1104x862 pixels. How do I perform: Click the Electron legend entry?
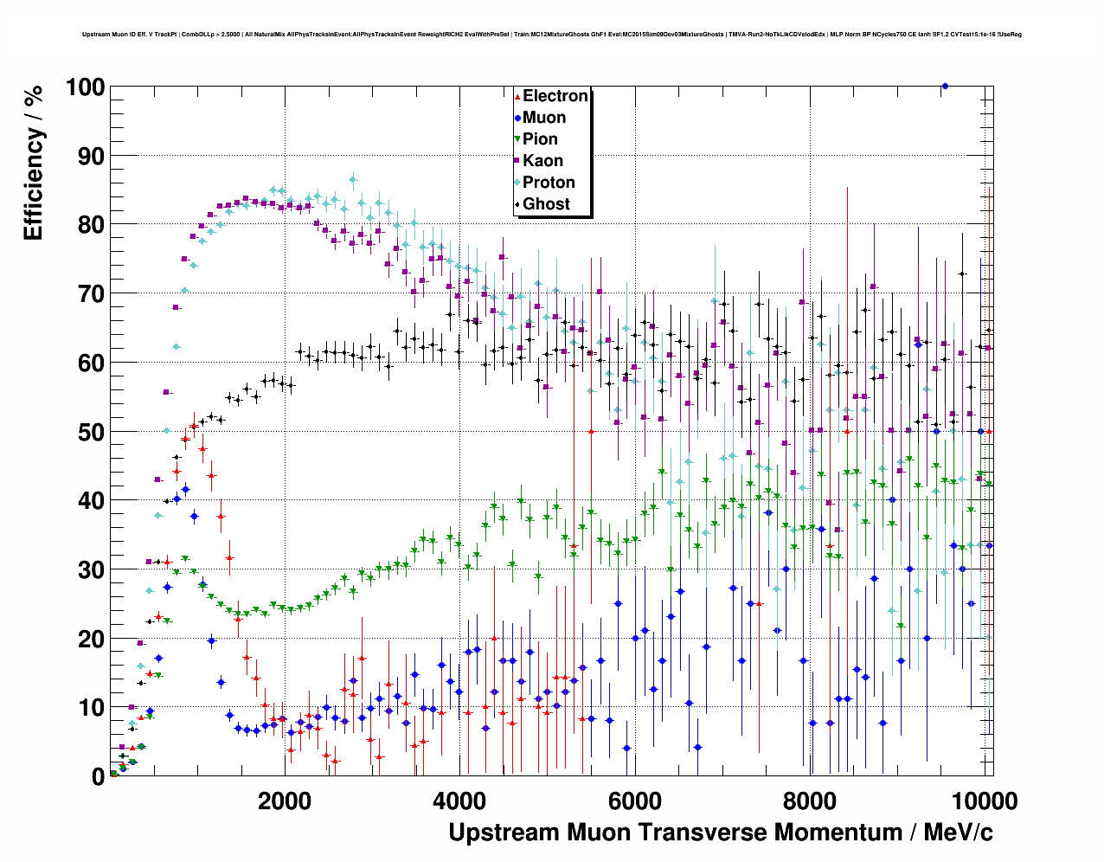555,96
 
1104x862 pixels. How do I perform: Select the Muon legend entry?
543,118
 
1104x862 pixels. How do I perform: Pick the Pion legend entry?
540,139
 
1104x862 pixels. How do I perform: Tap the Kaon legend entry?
542,161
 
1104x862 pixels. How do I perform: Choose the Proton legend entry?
549,183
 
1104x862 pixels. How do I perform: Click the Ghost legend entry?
546,204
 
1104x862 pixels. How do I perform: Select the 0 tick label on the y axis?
98,776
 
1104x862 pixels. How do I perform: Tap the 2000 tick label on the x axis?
285,801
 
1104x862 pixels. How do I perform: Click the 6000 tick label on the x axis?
634,801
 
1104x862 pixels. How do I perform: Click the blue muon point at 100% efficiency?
945,86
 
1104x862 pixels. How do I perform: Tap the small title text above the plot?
552,35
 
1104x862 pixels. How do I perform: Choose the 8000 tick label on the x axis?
809,801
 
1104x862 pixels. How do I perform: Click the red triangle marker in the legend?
517,97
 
